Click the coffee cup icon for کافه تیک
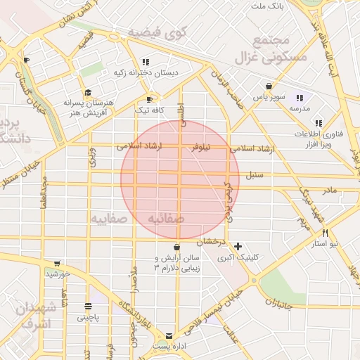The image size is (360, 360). click(x=148, y=99)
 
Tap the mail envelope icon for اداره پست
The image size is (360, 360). click(x=169, y=335)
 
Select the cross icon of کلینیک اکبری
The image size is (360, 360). click(x=239, y=247)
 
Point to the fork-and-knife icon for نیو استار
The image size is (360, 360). click(x=325, y=233)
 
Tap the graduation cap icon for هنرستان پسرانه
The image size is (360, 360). click(x=88, y=92)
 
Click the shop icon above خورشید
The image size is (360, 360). click(x=57, y=263)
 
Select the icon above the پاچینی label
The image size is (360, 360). click(x=88, y=307)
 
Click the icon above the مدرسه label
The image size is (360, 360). click(x=300, y=98)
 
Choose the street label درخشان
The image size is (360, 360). click(x=210, y=241)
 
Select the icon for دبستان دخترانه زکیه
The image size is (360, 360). click(x=146, y=61)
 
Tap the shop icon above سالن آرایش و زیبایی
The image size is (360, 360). click(x=176, y=247)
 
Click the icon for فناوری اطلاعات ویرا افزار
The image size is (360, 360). click(x=319, y=123)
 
